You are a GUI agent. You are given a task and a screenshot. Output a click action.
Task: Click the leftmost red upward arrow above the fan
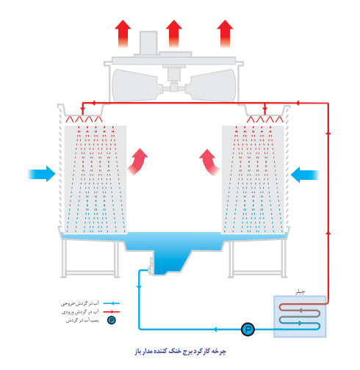(x=123, y=34)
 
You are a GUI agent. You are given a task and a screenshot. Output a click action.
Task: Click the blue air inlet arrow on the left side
(x=41, y=174)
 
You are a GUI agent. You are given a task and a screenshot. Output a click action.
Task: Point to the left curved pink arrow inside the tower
(x=137, y=162)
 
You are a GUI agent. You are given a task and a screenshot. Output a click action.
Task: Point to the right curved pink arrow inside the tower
(x=211, y=162)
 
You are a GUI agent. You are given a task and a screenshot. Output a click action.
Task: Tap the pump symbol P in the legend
(x=111, y=320)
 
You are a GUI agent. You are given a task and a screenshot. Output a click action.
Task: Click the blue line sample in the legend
(x=111, y=302)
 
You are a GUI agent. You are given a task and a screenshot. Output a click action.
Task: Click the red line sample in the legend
(x=111, y=311)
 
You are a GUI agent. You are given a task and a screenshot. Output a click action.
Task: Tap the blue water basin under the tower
(x=173, y=250)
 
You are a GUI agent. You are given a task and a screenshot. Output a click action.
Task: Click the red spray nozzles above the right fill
(x=265, y=119)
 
